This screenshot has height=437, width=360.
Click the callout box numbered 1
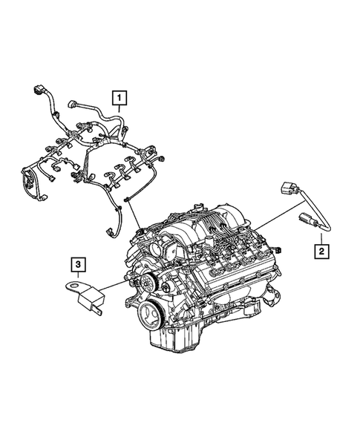[x=119, y=96]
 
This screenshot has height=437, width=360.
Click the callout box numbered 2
[x=321, y=252]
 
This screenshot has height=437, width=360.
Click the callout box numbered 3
[x=76, y=263]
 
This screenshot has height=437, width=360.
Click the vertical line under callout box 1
[x=119, y=111]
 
